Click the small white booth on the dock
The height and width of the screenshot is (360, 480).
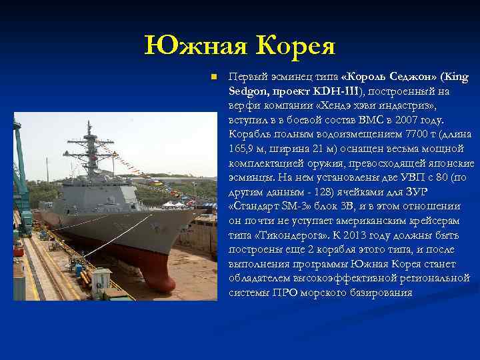pyautogui.click(x=101, y=281)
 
